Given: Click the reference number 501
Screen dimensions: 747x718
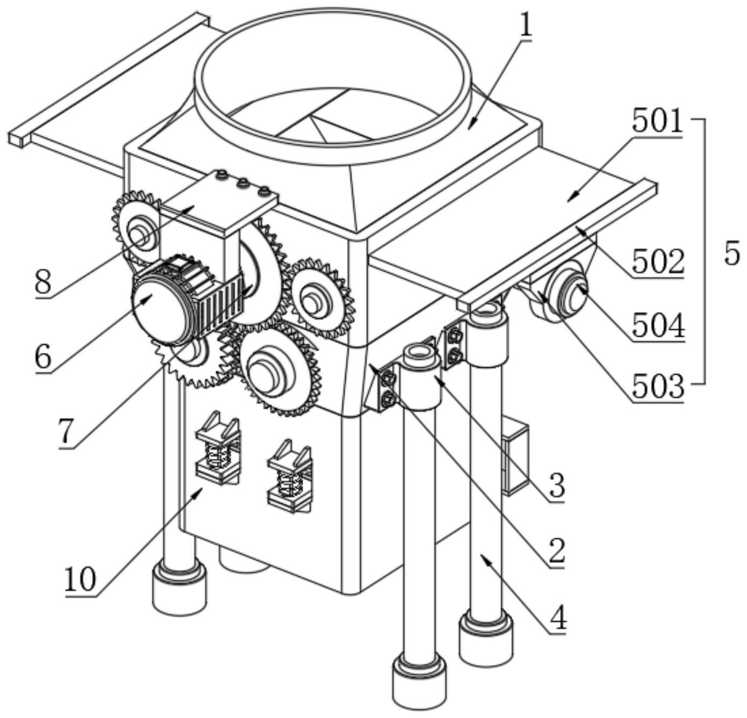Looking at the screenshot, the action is (x=657, y=121).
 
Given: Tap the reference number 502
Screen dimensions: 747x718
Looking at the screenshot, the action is (x=658, y=262).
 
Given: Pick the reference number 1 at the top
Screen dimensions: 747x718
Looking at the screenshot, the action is (x=526, y=26).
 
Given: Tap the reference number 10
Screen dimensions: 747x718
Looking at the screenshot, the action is (x=80, y=580).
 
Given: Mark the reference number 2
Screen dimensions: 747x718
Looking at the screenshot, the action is (x=557, y=553).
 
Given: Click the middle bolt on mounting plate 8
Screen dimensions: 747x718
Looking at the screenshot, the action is (x=242, y=184).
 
